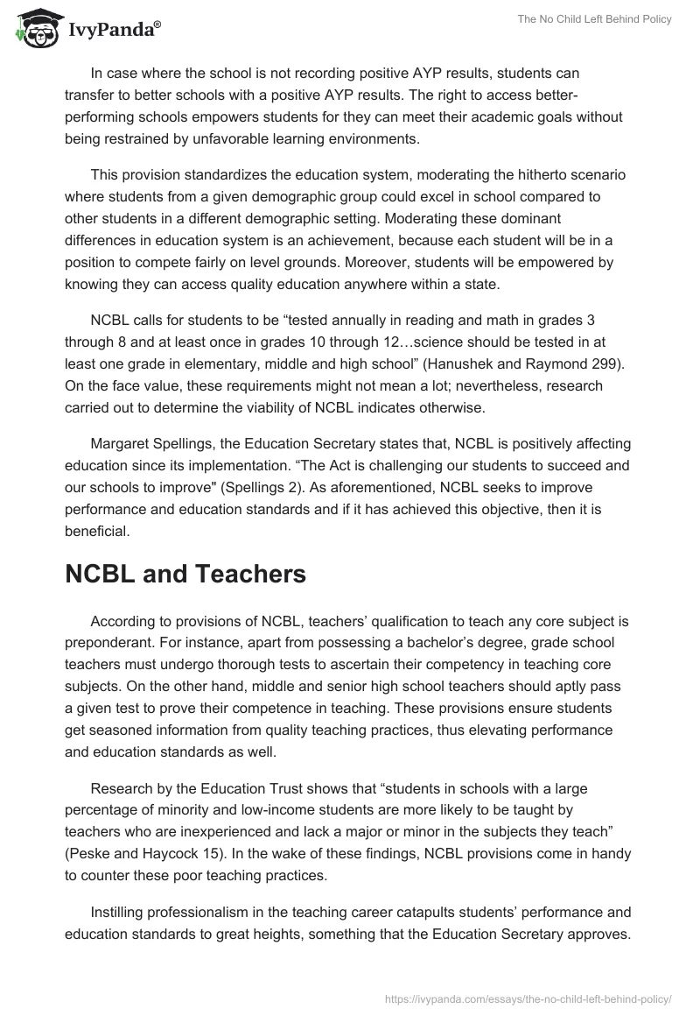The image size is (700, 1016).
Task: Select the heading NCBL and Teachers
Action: click(185, 574)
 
